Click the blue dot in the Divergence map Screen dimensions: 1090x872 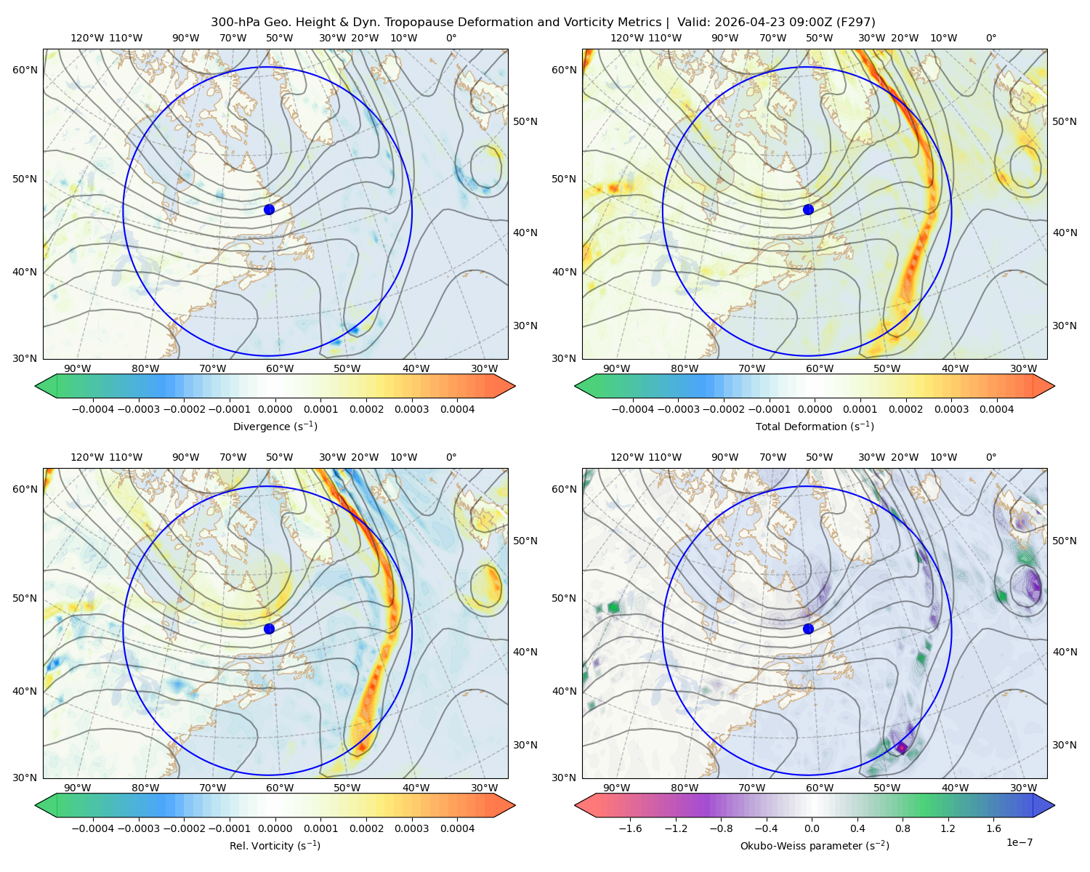tap(269, 209)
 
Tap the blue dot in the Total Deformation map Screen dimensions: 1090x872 tap(808, 209)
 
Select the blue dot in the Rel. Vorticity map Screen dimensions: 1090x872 tap(269, 629)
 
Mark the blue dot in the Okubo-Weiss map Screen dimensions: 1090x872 tap(808, 629)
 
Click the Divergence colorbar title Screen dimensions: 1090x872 tap(275, 426)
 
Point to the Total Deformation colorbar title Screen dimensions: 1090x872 tap(815, 426)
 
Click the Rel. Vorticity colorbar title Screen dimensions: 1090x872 tap(275, 845)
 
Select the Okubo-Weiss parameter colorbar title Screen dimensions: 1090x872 tap(815, 845)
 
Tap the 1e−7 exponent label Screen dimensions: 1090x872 tap(1019, 842)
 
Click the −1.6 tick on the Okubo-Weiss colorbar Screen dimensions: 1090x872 tap(630, 828)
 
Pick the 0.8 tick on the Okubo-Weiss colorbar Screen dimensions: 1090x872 tap(903, 828)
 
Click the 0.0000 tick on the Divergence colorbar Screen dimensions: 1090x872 tap(275, 409)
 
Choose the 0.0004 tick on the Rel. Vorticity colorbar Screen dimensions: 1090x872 tap(457, 828)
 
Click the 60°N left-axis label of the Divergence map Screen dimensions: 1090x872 tap(25, 70)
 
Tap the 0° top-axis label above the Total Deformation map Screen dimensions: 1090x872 tap(990, 38)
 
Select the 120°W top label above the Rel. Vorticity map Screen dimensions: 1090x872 tap(87, 457)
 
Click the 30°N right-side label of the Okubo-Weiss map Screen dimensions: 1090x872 tap(1065, 745)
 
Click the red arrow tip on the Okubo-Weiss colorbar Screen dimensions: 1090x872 tap(576, 805)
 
